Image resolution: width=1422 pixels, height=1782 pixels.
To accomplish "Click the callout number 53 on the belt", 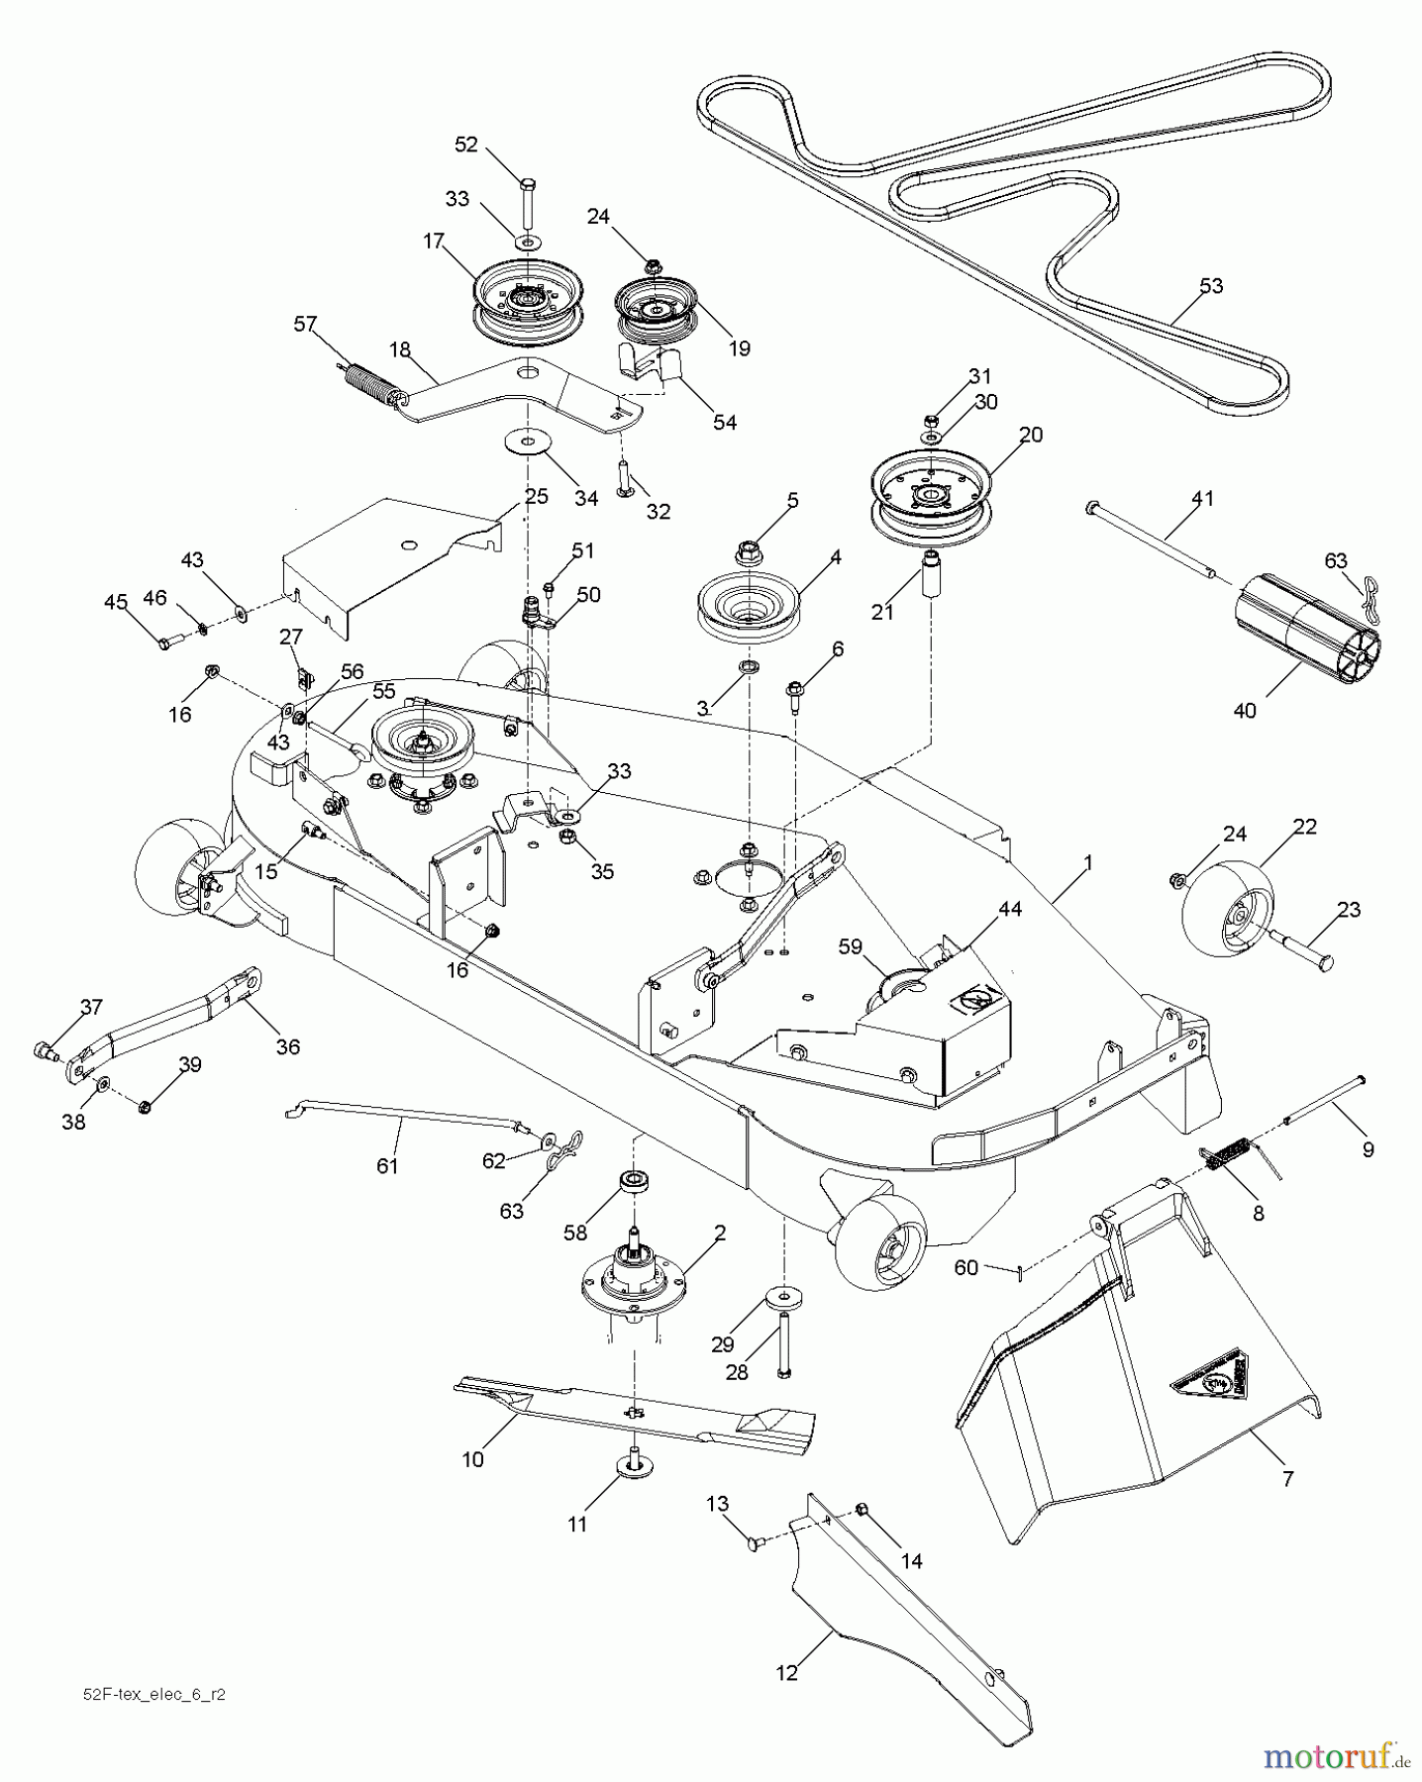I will tap(1210, 286).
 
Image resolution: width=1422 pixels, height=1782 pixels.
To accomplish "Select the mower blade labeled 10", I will tap(634, 1410).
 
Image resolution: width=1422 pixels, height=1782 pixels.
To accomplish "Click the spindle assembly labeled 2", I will tap(632, 1286).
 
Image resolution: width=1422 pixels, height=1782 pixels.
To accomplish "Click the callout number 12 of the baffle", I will tap(785, 1672).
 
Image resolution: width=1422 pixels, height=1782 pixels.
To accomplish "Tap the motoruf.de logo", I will tap(1336, 1754).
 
